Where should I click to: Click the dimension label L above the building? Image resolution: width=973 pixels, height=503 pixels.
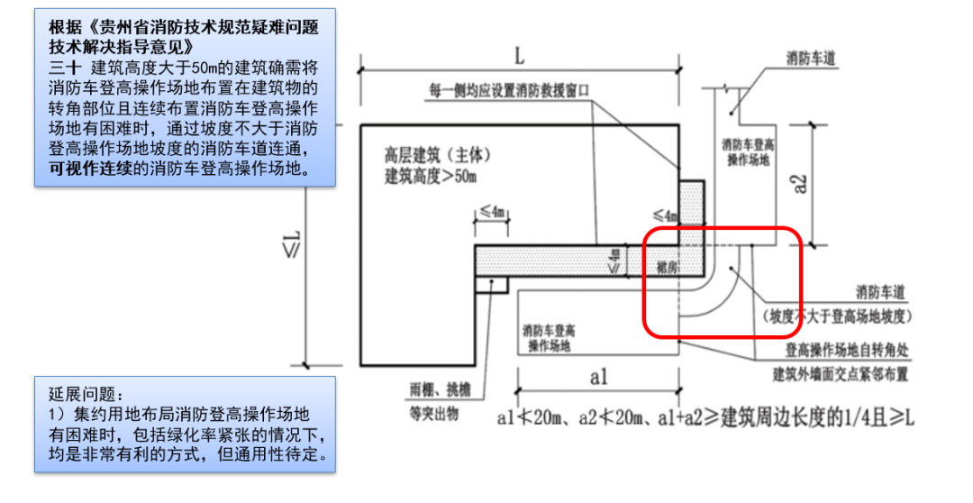point(519,56)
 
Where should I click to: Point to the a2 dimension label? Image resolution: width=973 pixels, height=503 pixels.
point(799,184)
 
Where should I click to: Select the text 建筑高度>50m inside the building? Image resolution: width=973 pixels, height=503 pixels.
point(431,175)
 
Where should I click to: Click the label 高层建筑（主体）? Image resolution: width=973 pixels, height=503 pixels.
point(437,156)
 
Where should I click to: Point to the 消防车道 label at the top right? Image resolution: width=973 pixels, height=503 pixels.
point(810,58)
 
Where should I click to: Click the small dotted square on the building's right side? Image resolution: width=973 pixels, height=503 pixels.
point(690,200)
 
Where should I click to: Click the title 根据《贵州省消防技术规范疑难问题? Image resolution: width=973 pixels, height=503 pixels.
point(185,27)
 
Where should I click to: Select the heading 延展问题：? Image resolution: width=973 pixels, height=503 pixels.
point(84,395)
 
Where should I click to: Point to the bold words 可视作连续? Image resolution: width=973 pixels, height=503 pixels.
point(89,168)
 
